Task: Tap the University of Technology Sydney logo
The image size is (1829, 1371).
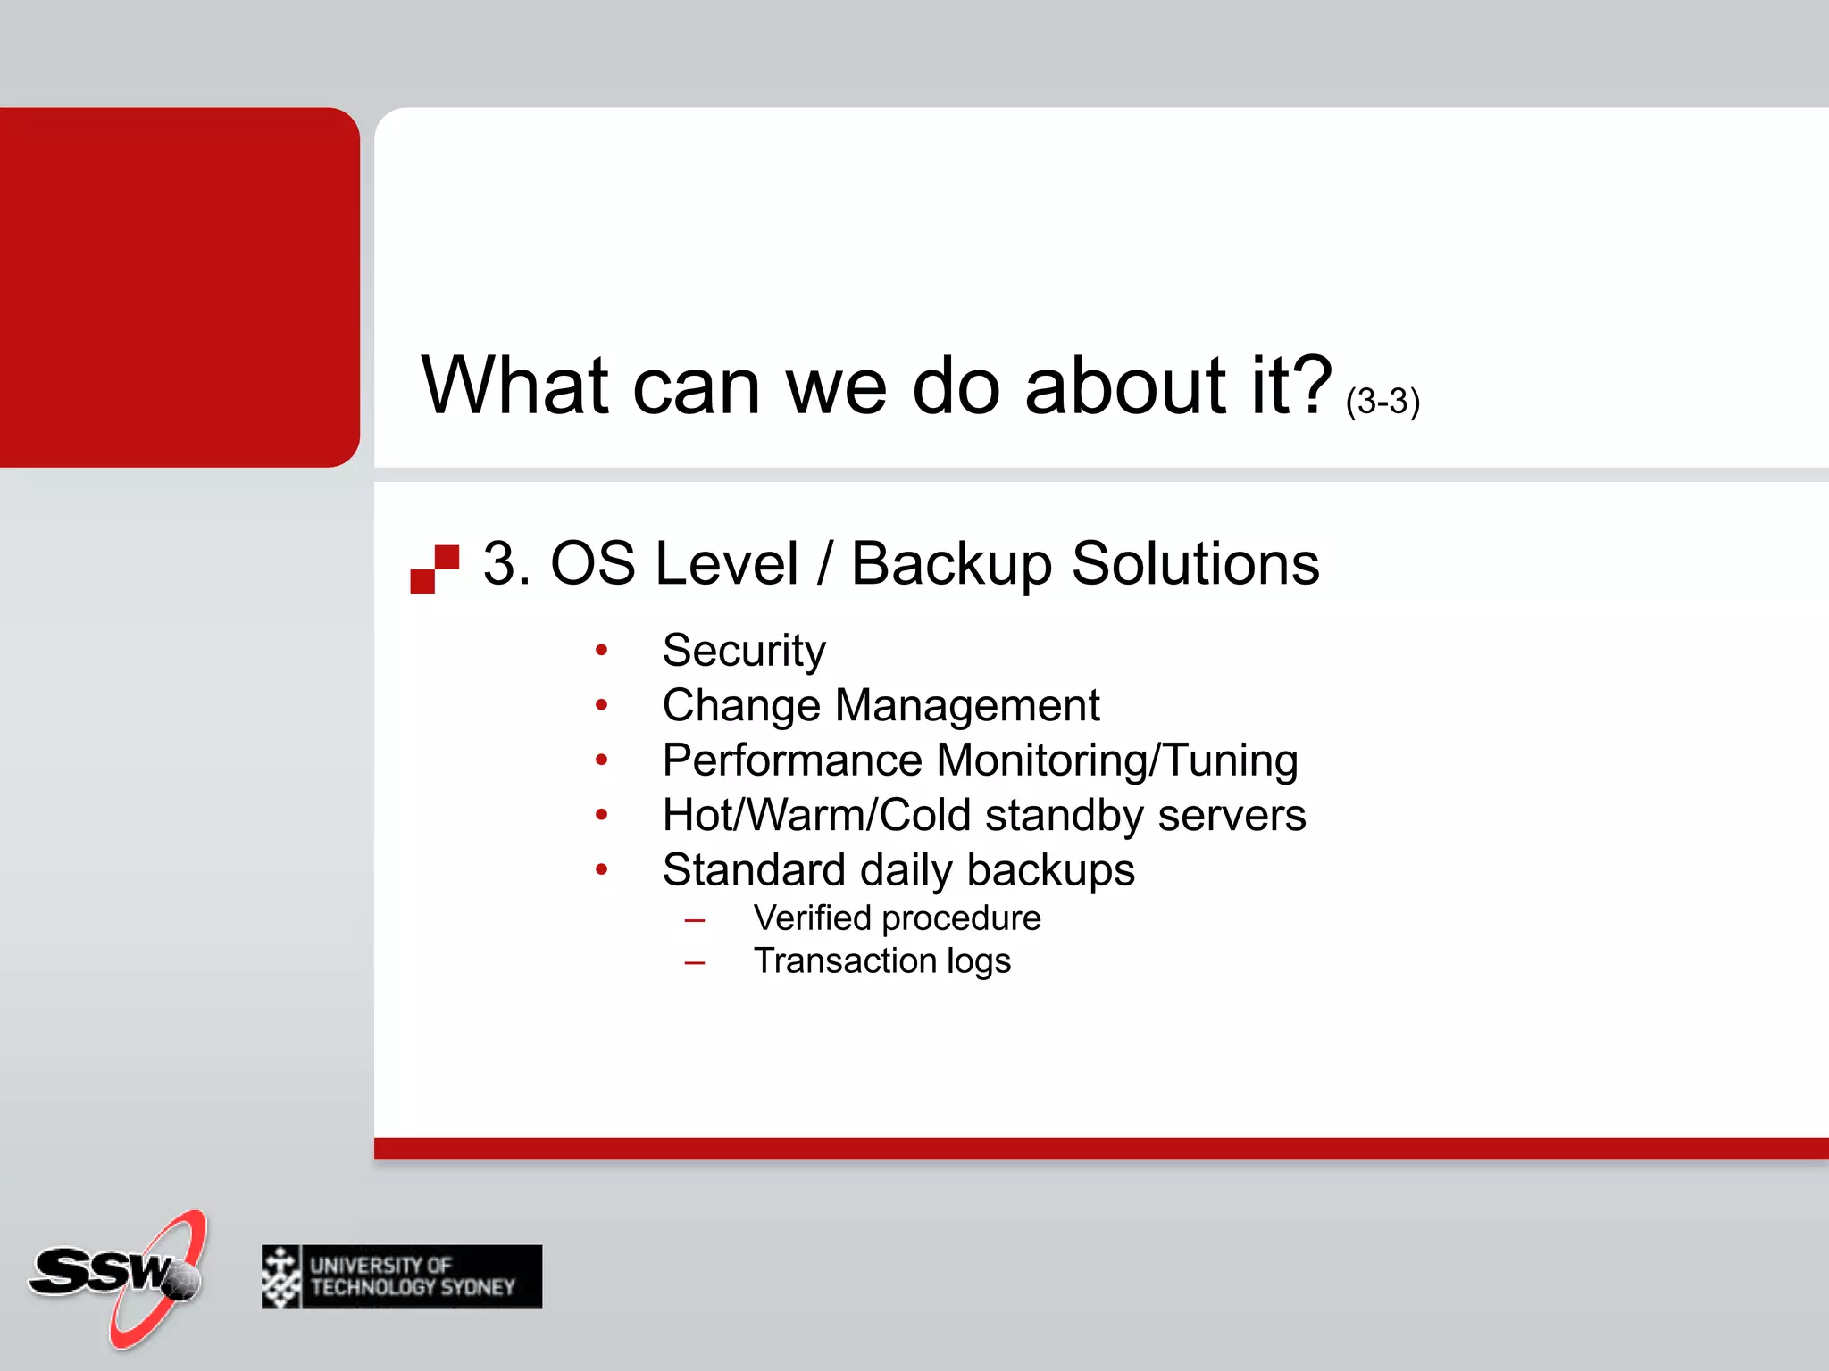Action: coord(401,1276)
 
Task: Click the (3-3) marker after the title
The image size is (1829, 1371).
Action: coord(1382,401)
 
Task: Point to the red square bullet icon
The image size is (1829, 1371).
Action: coord(435,569)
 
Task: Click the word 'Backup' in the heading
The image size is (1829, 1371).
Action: coord(951,565)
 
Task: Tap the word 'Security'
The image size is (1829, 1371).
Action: coord(744,651)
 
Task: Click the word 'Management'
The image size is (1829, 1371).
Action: coord(967,706)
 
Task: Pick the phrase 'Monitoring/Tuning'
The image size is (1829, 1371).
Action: coord(1117,761)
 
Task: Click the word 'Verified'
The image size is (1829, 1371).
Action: coord(812,918)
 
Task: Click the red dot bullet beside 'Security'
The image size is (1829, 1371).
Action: coord(601,651)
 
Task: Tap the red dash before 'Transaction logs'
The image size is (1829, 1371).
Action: coord(695,963)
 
